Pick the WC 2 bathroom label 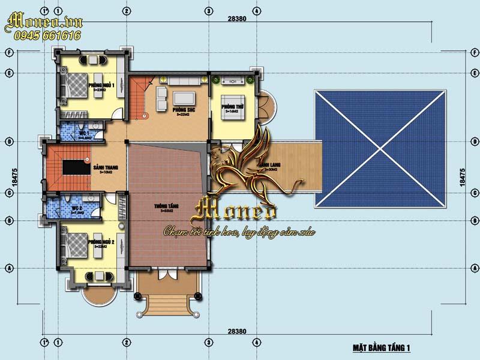pos(76,208)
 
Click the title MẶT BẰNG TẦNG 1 pos(381,348)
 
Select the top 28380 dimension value pos(238,18)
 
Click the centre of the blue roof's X pos(382,149)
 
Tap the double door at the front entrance pos(166,275)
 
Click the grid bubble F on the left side pos(8,52)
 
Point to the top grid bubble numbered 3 pos(208,11)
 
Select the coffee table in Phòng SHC pos(184,98)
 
